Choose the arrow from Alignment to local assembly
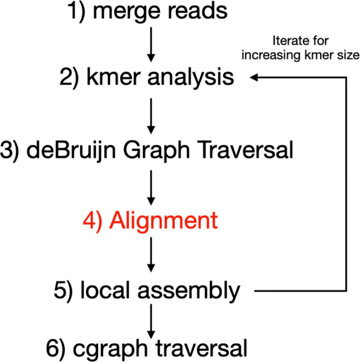click(x=152, y=254)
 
